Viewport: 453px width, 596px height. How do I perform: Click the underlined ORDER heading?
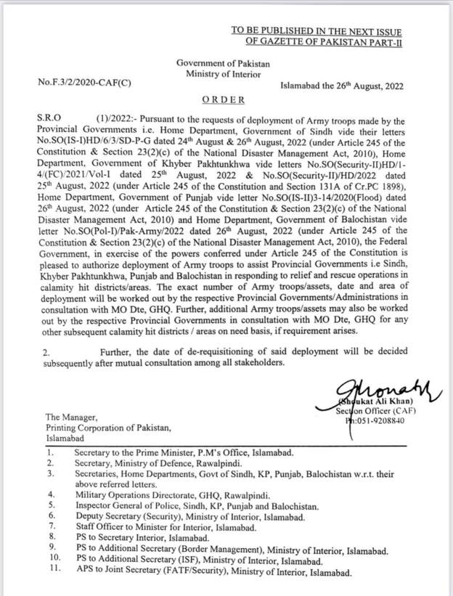pyautogui.click(x=223, y=99)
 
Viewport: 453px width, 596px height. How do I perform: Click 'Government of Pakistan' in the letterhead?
pyautogui.click(x=223, y=64)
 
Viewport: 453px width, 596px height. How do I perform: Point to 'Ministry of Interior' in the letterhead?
pyautogui.click(x=223, y=74)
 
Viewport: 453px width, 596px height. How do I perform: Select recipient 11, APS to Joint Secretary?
pyautogui.click(x=213, y=573)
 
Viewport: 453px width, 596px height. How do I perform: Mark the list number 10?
pyautogui.click(x=52, y=561)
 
